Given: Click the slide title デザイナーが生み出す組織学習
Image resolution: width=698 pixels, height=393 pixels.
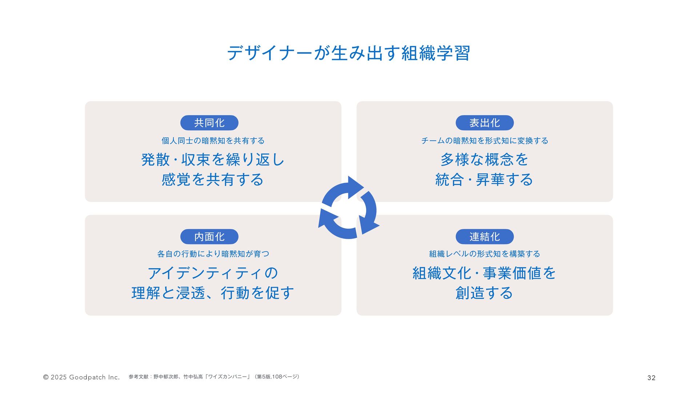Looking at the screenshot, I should pos(349,53).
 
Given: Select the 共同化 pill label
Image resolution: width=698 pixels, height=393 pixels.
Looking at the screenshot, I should pos(209,123).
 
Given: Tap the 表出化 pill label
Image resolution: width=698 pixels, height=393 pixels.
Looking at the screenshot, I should pos(485,123).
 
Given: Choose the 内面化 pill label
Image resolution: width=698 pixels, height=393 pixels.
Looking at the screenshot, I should pos(209,237).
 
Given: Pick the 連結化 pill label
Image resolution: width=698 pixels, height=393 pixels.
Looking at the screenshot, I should pos(485,237).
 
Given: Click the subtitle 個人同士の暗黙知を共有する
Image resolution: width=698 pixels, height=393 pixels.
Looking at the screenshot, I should pos(213,141).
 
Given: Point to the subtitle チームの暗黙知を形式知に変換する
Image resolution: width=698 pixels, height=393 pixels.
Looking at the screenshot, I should pos(485,141).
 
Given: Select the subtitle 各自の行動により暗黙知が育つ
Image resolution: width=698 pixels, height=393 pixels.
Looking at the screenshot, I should pos(213,254).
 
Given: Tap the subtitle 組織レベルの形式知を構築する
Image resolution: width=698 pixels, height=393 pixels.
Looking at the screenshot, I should pos(485,254).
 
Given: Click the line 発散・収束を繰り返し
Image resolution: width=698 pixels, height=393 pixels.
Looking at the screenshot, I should pos(213,160).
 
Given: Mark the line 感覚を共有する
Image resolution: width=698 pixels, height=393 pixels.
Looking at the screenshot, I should pos(213,180).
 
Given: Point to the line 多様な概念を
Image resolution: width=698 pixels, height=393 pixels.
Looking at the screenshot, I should pos(485,160).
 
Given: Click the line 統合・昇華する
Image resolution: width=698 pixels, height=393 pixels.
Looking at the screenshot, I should pos(485,180).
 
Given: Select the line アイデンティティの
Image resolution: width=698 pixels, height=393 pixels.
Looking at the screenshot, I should pos(213,273).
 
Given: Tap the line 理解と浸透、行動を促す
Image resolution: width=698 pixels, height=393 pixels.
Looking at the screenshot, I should pos(213,293).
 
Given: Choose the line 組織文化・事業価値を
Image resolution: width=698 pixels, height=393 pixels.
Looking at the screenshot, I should pos(485,273).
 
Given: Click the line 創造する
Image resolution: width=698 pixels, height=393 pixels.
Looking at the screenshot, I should pos(485,293).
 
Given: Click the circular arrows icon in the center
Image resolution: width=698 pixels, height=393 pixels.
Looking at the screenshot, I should pos(349,208).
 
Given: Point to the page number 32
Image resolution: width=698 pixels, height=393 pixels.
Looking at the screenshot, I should pos(651,378).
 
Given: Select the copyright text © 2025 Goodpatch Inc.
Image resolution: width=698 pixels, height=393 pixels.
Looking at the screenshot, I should pos(81,377).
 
